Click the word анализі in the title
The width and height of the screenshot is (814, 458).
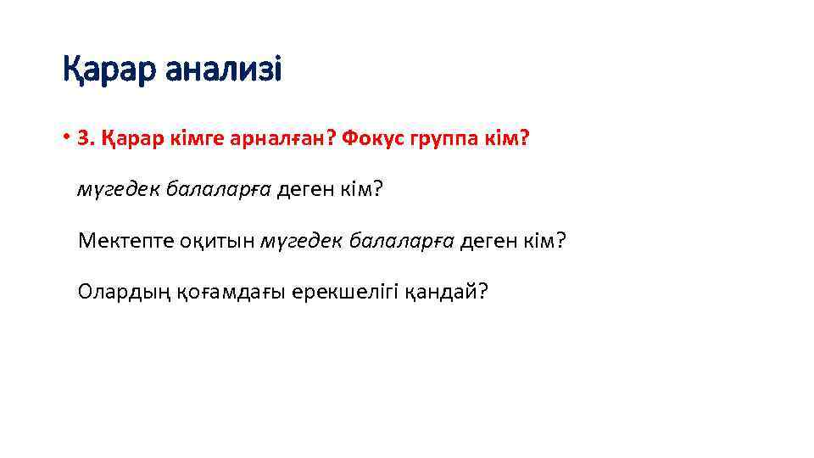tap(223, 69)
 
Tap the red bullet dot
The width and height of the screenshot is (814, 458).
tap(65, 136)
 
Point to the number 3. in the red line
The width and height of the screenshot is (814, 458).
tap(85, 137)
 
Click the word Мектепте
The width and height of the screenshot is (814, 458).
tap(125, 241)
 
